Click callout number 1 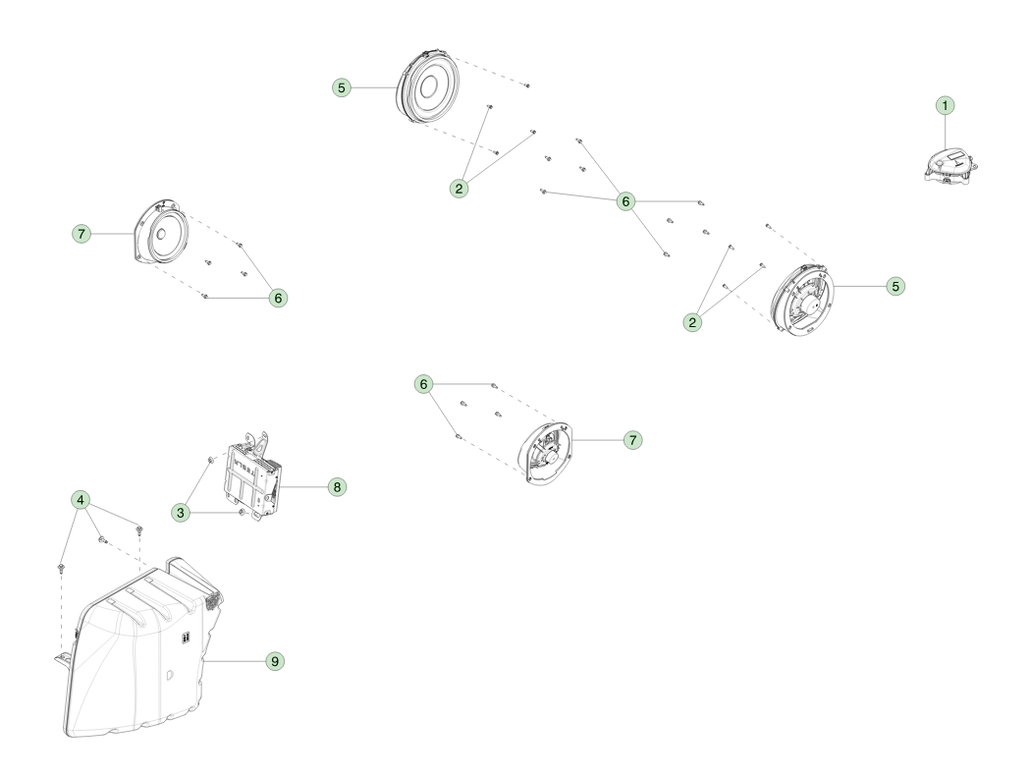pos(945,106)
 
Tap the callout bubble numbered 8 pos(337,487)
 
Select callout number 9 pos(275,661)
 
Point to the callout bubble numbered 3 pos(181,513)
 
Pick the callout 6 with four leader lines pos(625,201)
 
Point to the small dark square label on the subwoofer pos(187,637)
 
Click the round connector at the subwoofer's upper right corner pos(213,599)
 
